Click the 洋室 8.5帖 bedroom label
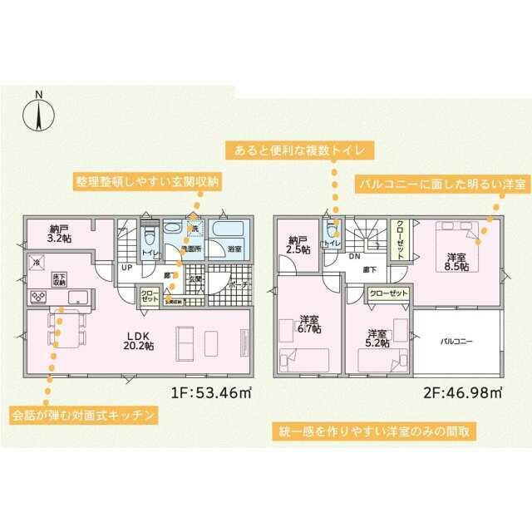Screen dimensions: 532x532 pyautogui.click(x=457, y=261)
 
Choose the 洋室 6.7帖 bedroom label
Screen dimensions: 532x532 pyautogui.click(x=310, y=323)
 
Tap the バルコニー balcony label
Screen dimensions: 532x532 pyautogui.click(x=456, y=341)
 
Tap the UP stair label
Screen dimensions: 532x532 pyautogui.click(x=126, y=268)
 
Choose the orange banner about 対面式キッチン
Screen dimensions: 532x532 pyautogui.click(x=84, y=414)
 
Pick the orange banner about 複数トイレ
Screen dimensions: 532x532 pyautogui.click(x=301, y=150)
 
